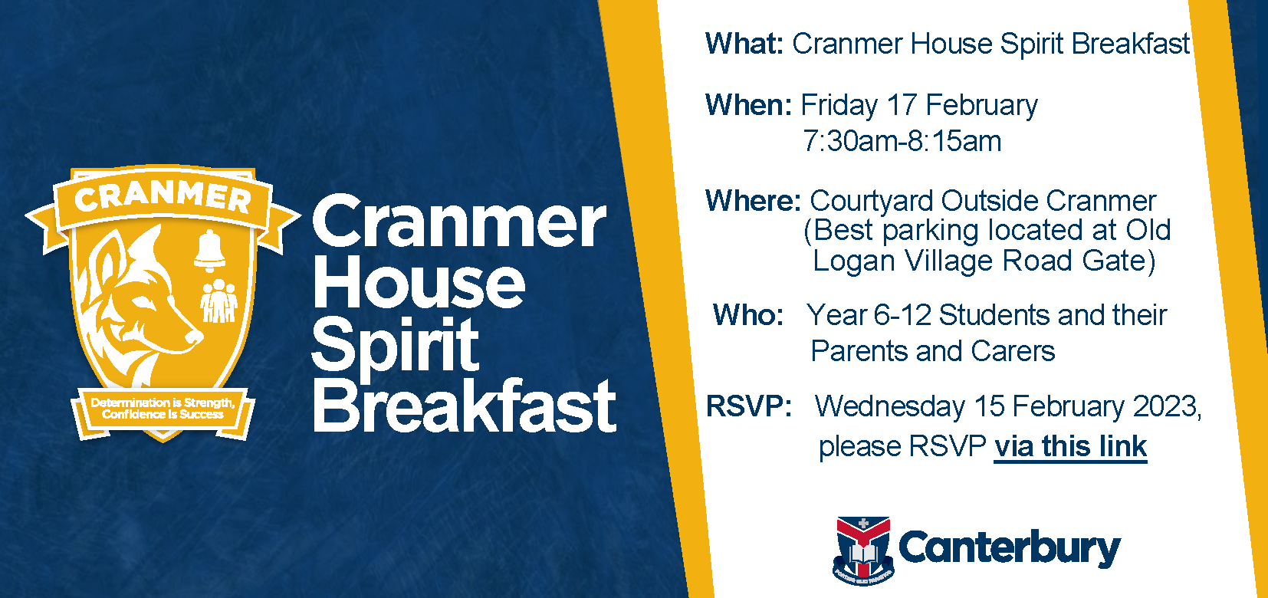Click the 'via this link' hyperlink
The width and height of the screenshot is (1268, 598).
[1070, 446]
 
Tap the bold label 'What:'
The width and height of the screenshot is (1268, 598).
[744, 44]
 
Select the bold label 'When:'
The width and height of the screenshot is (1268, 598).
[748, 105]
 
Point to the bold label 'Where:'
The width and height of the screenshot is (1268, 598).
[753, 201]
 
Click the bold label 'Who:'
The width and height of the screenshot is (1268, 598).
[748, 315]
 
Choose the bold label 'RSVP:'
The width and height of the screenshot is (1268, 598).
[748, 406]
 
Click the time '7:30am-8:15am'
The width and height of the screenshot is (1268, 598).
[902, 141]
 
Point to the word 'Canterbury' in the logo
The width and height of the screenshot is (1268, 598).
[1009, 548]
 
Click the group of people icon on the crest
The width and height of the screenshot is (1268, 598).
[218, 301]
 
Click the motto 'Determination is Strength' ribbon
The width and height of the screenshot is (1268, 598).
[163, 408]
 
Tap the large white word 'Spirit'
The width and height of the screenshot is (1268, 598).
[395, 345]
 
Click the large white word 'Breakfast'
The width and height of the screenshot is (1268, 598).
[464, 406]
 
